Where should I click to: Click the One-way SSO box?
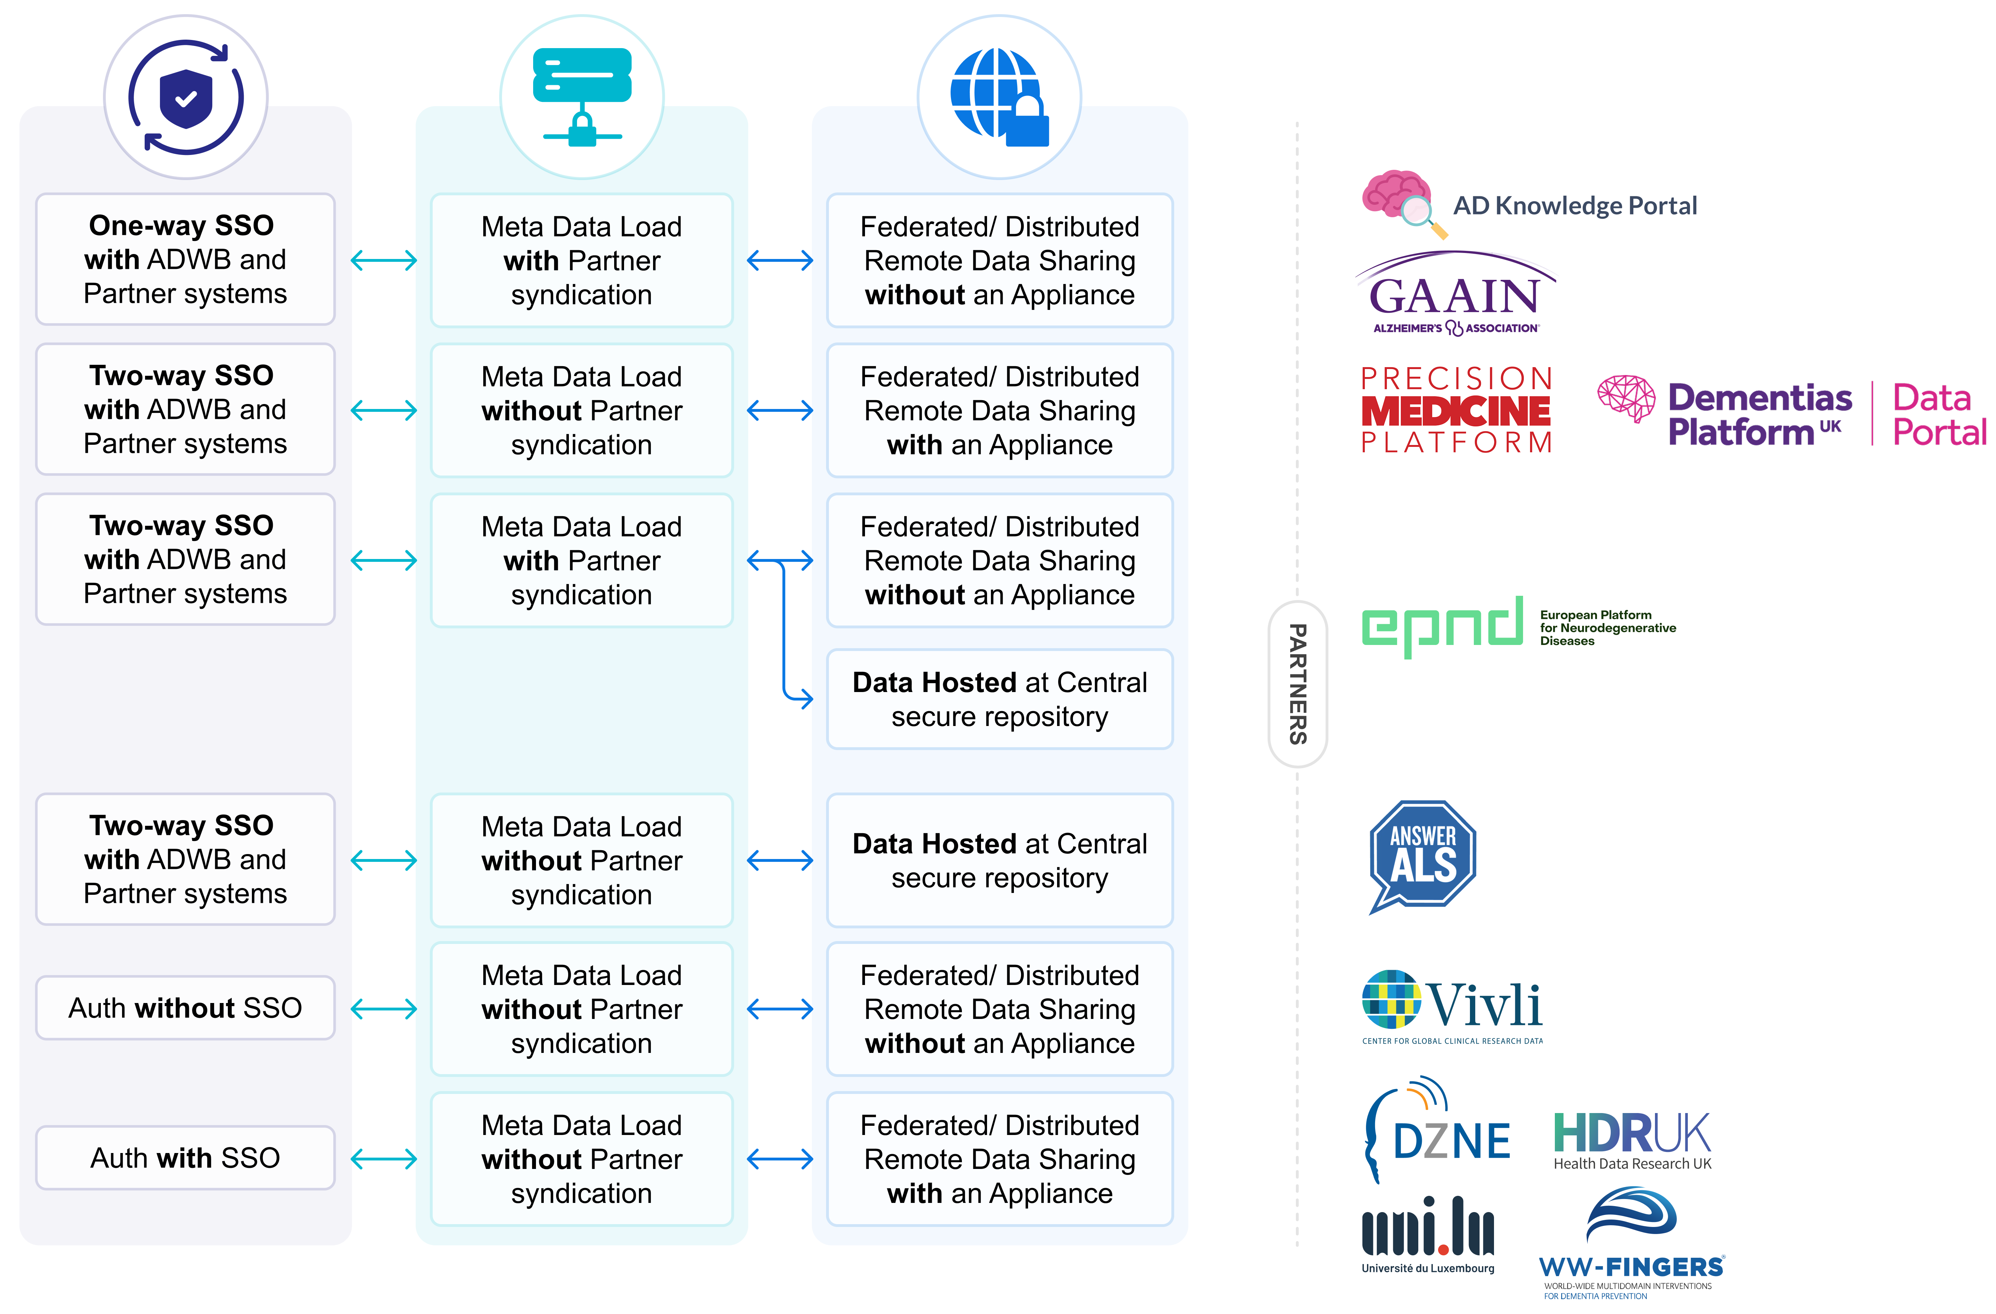coord(185,259)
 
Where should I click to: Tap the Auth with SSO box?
coord(185,1157)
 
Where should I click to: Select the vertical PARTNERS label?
coord(1297,684)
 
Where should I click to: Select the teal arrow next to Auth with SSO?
coord(384,1159)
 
